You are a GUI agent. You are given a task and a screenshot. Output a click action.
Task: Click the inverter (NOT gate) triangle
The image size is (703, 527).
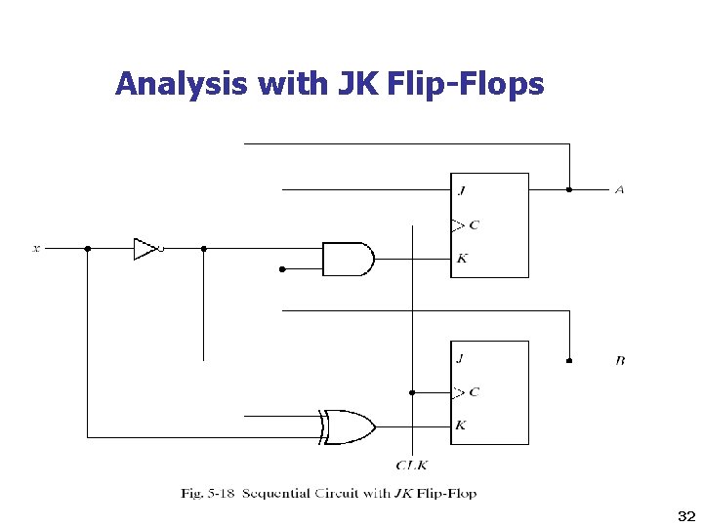[145, 249]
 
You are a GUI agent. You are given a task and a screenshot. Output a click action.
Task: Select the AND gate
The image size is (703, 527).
[348, 259]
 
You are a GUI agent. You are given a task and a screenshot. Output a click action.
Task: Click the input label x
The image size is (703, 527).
[36, 249]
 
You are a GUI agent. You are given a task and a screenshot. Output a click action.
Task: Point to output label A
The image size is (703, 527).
[619, 189]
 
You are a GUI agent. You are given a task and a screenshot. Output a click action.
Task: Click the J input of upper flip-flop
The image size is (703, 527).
[461, 190]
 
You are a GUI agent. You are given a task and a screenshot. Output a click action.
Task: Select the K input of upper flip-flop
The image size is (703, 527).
[461, 259]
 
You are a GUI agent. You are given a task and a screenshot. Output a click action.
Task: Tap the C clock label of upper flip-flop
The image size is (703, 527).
[474, 225]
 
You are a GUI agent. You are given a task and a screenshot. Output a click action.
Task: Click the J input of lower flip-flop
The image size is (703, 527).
[461, 357]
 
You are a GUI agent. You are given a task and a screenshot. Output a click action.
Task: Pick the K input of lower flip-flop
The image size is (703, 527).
[461, 426]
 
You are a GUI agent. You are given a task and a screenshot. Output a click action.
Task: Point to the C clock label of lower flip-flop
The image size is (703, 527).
[474, 392]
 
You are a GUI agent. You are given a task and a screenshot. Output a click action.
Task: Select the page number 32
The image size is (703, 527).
[683, 514]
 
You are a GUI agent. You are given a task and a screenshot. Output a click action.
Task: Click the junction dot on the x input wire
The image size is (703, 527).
[88, 249]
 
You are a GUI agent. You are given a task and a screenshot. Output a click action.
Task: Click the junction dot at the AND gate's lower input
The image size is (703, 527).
[282, 269]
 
